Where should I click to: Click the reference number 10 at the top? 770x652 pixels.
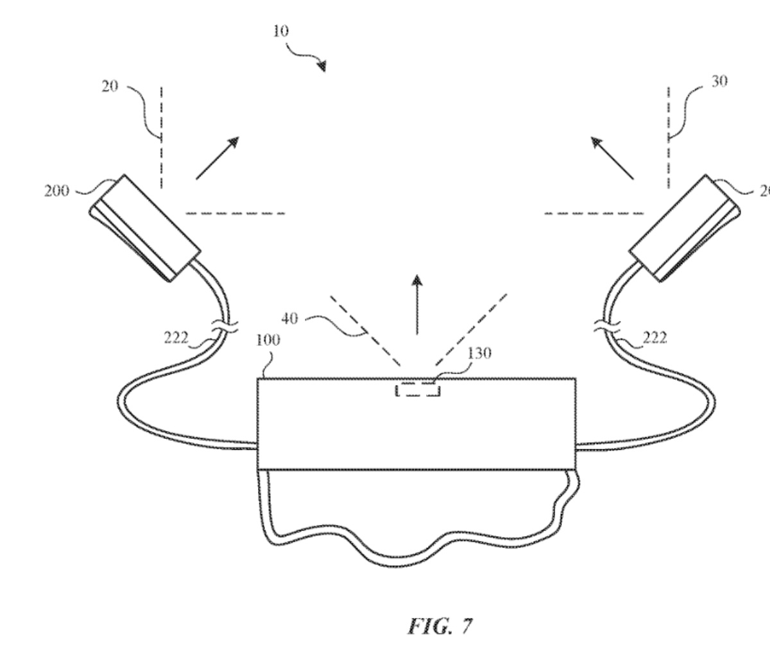pyautogui.click(x=281, y=31)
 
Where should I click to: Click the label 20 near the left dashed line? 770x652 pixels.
pyautogui.click(x=110, y=87)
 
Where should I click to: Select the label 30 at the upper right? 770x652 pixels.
pyautogui.click(x=719, y=82)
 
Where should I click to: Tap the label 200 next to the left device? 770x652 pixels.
pyautogui.click(x=57, y=191)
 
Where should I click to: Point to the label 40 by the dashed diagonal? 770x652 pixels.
pyautogui.click(x=290, y=319)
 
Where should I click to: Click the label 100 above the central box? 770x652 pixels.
pyautogui.click(x=268, y=340)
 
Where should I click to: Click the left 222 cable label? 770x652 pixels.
pyautogui.click(x=175, y=339)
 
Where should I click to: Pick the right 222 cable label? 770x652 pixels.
pyautogui.click(x=654, y=338)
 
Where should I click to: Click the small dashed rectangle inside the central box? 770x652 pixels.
pyautogui.click(x=418, y=390)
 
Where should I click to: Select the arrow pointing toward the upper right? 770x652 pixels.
pyautogui.click(x=218, y=157)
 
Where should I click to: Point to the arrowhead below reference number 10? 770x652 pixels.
pyautogui.click(x=321, y=66)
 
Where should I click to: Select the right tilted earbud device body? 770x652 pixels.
pyautogui.click(x=684, y=227)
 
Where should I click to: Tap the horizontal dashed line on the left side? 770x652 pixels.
pyautogui.click(x=235, y=213)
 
